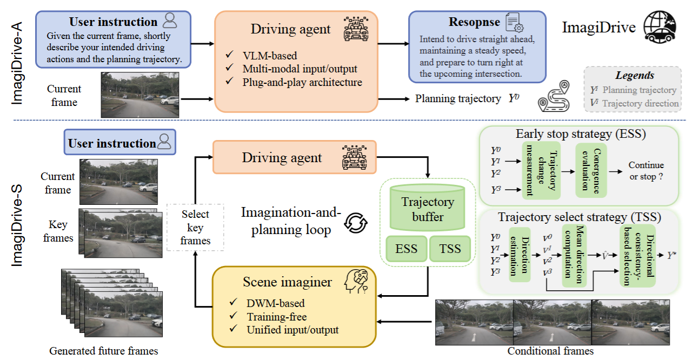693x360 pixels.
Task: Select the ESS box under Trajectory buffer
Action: point(407,249)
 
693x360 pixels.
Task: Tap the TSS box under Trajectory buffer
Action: point(450,249)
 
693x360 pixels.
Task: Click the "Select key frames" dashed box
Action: point(195,227)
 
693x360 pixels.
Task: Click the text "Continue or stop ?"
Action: point(646,171)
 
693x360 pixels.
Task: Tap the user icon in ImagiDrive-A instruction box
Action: point(170,22)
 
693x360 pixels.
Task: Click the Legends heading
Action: point(635,76)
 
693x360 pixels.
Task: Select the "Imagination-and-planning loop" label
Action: point(291,221)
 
